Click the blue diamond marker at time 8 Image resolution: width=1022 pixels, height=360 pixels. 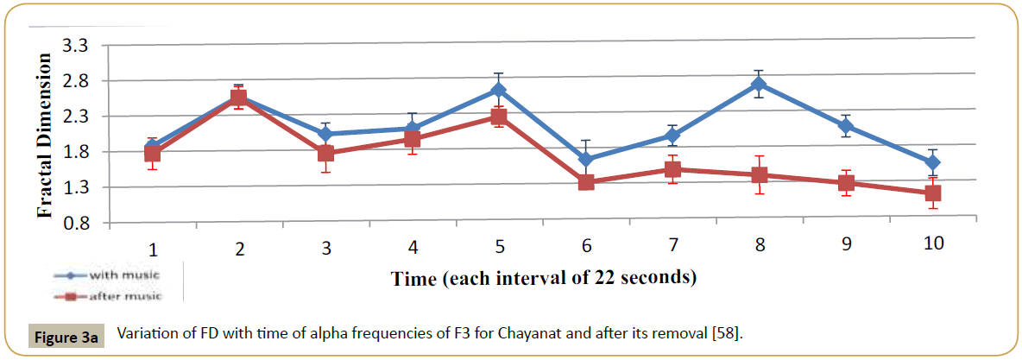760,84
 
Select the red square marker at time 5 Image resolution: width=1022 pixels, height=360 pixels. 499,117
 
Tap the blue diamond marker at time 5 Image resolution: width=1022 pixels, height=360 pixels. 499,90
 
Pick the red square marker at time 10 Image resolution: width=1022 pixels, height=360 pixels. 933,193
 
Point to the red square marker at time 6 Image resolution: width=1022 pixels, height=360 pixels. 586,182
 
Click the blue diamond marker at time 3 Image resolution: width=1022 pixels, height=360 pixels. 325,134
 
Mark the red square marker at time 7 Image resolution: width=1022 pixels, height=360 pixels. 672,169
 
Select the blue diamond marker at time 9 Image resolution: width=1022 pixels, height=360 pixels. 846,126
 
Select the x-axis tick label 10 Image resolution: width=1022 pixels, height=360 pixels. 932,243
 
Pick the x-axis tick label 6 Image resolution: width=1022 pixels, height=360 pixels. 586,245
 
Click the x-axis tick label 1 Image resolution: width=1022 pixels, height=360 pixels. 153,250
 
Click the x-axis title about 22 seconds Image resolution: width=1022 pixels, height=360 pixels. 544,279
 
